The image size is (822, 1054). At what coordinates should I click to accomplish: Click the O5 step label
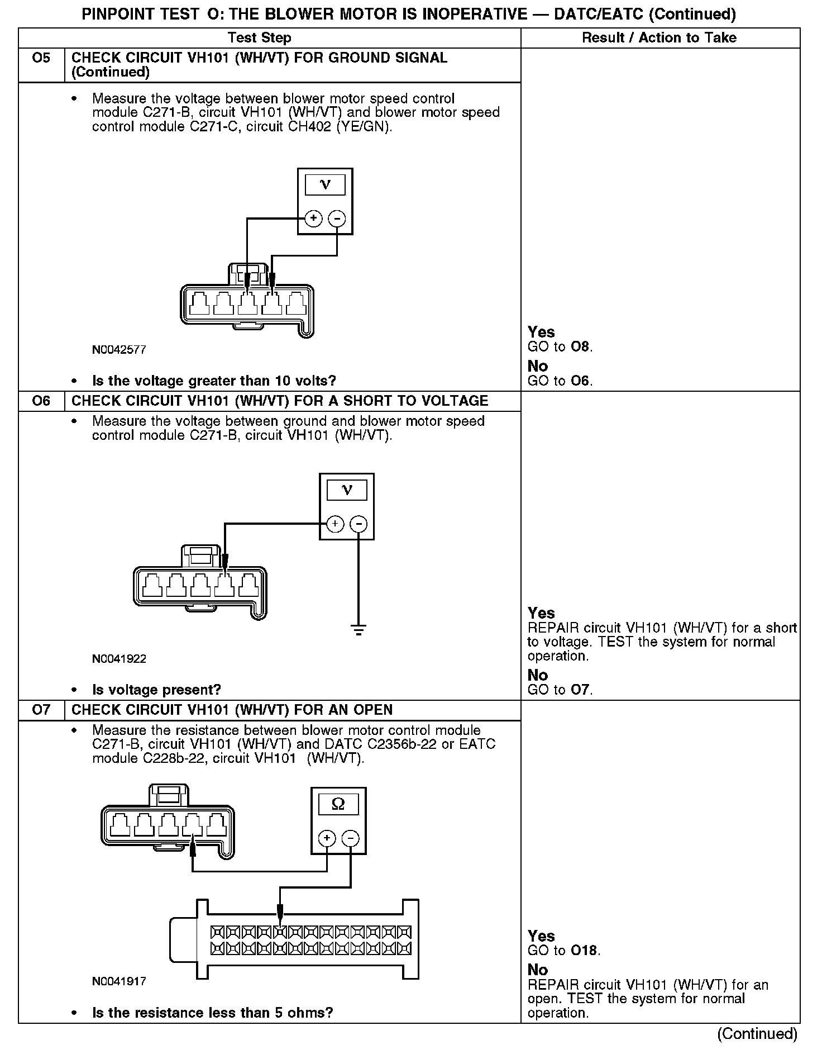pyautogui.click(x=41, y=58)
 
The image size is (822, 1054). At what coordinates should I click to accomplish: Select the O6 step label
pyautogui.click(x=41, y=401)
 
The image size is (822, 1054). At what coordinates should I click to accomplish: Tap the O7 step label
pyautogui.click(x=41, y=710)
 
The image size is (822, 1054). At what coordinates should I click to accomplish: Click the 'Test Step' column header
pyautogui.click(x=260, y=38)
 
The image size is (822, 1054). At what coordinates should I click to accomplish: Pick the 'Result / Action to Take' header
pyautogui.click(x=659, y=38)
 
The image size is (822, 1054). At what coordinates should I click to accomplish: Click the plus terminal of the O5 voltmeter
pyautogui.click(x=314, y=218)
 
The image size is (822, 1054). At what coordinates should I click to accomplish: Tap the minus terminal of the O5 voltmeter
pyautogui.click(x=337, y=218)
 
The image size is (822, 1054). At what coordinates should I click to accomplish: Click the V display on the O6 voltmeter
pyautogui.click(x=347, y=491)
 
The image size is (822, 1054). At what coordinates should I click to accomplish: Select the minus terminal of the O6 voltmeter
pyautogui.click(x=359, y=524)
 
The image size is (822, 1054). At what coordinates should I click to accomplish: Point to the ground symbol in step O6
pyautogui.click(x=359, y=629)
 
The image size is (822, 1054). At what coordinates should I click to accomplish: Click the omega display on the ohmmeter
pyautogui.click(x=338, y=804)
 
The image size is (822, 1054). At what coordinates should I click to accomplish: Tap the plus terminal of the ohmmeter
pyautogui.click(x=327, y=838)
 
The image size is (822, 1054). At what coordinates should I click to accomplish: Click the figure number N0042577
pyautogui.click(x=119, y=350)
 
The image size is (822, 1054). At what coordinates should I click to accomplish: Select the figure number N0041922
pyautogui.click(x=119, y=659)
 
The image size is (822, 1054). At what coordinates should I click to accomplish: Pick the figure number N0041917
pyautogui.click(x=119, y=981)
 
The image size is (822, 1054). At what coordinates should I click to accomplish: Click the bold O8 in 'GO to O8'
pyautogui.click(x=581, y=347)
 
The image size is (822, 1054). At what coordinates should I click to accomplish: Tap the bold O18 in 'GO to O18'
pyautogui.click(x=585, y=951)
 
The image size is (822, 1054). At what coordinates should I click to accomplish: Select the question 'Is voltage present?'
pyautogui.click(x=156, y=690)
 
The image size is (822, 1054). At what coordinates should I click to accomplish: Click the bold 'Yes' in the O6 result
pyautogui.click(x=541, y=613)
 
